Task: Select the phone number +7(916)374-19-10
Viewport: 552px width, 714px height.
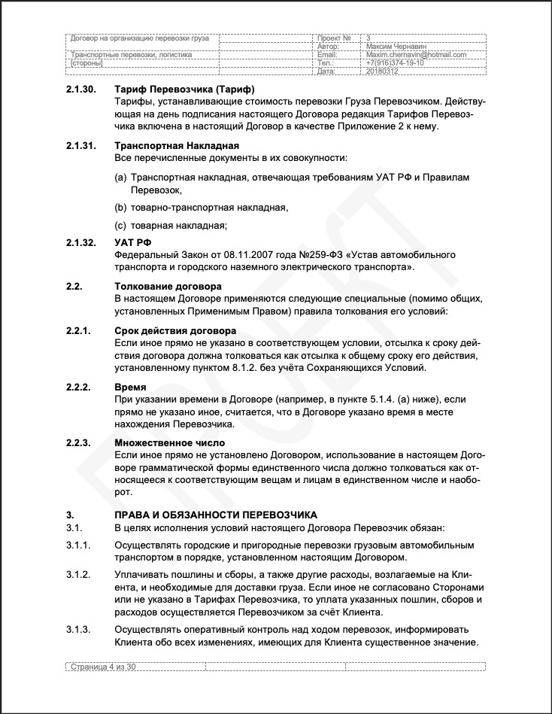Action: tap(394, 63)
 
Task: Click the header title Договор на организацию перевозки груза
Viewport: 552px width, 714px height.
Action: tap(139, 38)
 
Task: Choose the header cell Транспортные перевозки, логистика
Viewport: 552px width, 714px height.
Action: tap(130, 55)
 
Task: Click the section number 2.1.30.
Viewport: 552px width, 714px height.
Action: tap(81, 90)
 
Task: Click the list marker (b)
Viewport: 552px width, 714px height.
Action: tap(120, 207)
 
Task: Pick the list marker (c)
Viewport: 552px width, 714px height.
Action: tap(120, 225)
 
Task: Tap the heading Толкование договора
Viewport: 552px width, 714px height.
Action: tap(168, 287)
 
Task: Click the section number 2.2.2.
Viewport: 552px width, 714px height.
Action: tap(78, 387)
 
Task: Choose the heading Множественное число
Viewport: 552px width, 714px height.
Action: tap(169, 443)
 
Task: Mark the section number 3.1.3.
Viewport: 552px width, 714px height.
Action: tap(78, 629)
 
